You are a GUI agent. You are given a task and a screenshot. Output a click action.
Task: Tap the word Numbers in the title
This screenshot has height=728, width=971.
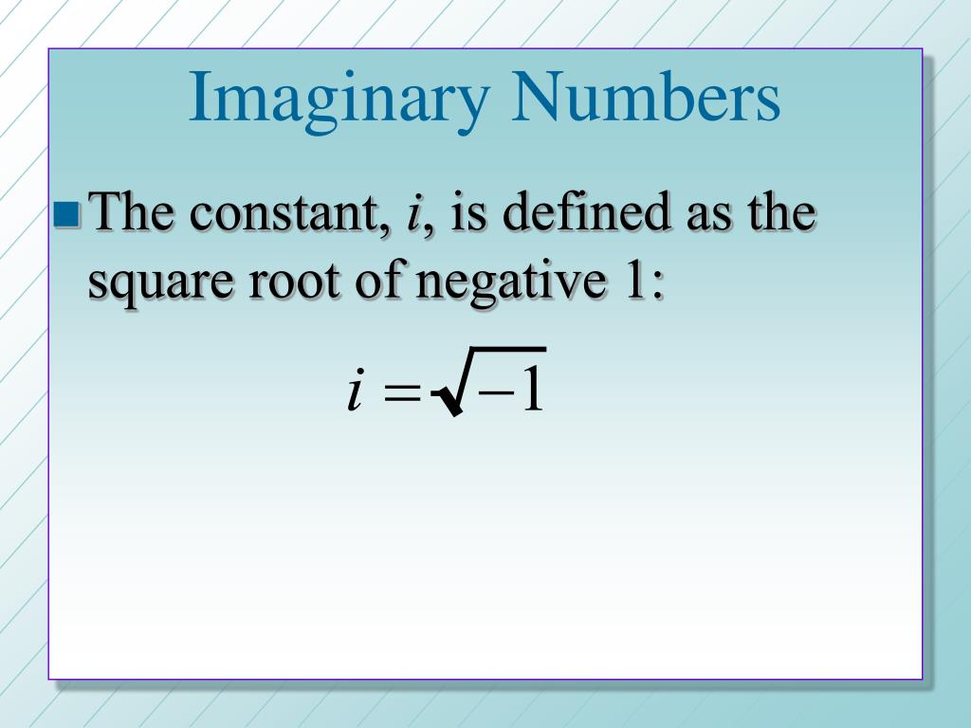coord(647,99)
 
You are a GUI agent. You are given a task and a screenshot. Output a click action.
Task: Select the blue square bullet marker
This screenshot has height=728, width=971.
coord(67,216)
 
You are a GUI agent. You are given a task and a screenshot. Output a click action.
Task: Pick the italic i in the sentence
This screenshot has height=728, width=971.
coord(413,214)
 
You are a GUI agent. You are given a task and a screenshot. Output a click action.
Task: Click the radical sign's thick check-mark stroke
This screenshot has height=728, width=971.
coord(449,399)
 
